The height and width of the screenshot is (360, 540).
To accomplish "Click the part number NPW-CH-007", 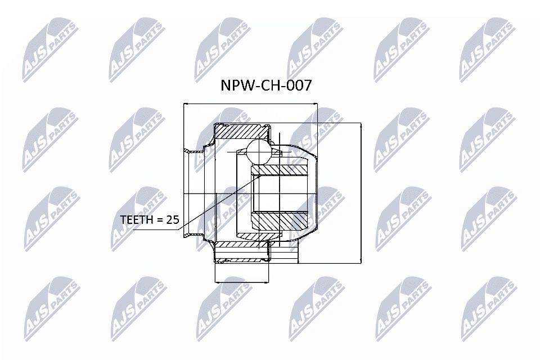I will [265, 85].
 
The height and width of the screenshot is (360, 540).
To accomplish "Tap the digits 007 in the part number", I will [298, 85].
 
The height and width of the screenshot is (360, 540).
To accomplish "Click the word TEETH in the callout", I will [138, 220].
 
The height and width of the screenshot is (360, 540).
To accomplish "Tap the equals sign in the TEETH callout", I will [160, 220].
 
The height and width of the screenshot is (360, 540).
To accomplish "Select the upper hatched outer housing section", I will [241, 132].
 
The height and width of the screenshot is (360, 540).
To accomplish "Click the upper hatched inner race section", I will [280, 170].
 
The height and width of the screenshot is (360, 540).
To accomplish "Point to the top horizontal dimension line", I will [250, 104].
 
